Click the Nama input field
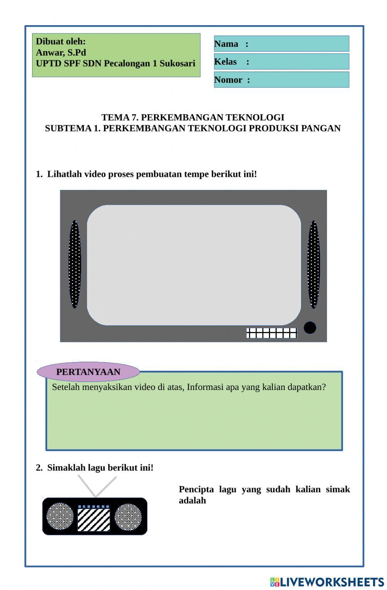click(x=298, y=44)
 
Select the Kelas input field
click(x=298, y=62)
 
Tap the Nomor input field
click(x=298, y=80)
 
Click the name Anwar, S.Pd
click(x=61, y=53)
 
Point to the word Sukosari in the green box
click(x=177, y=63)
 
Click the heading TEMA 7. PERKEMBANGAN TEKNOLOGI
click(x=193, y=117)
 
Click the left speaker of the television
click(x=74, y=264)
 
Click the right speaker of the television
click(x=313, y=264)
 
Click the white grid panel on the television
click(x=272, y=333)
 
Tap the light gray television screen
click(x=193, y=265)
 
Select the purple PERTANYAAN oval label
click(x=88, y=372)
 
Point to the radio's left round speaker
click(x=60, y=516)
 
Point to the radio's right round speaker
click(x=128, y=516)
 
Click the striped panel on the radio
click(x=94, y=520)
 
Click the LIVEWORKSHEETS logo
click(x=327, y=582)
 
